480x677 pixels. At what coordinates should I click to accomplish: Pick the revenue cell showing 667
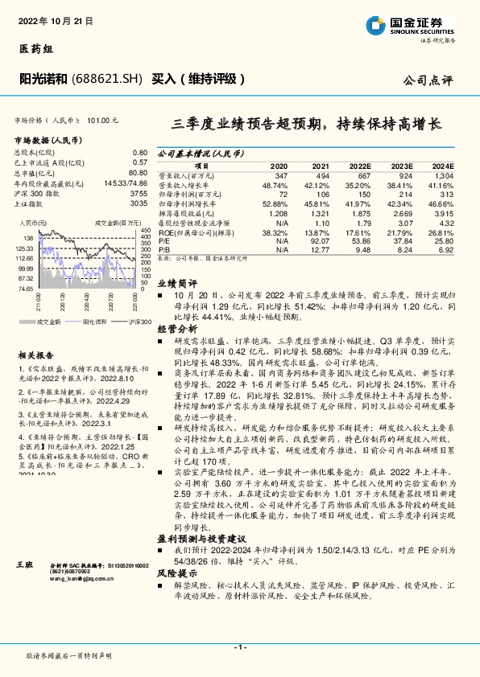coord(363,175)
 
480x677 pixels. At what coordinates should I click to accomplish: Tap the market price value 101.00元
coord(102,119)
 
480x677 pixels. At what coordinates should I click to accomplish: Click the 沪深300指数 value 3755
coord(139,194)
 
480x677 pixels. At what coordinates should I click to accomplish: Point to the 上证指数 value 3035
coord(139,204)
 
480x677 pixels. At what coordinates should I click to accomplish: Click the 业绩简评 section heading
coord(177,283)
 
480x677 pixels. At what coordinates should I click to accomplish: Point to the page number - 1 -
coord(239,647)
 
